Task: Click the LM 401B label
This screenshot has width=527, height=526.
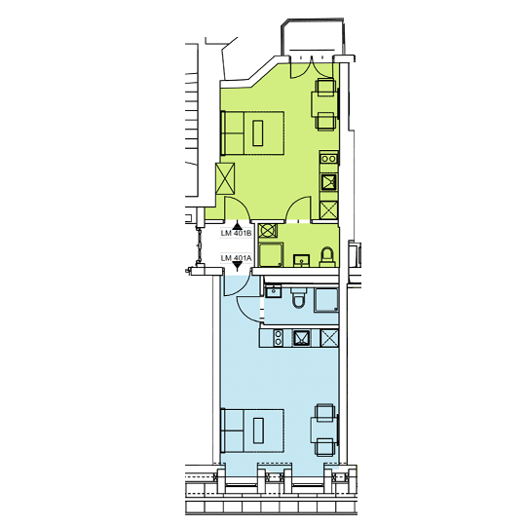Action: tap(236, 233)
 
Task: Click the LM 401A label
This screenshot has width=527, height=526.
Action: tap(236, 258)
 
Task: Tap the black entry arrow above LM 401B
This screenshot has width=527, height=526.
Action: tap(238, 226)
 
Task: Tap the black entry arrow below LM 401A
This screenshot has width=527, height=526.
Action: tap(238, 267)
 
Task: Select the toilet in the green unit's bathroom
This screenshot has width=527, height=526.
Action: tap(327, 257)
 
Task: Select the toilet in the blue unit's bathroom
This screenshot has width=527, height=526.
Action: tap(298, 298)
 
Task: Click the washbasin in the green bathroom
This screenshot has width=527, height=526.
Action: tap(301, 261)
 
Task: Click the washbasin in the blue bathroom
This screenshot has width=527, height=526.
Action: tap(274, 291)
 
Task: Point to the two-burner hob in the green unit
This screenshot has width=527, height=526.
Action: tap(328, 159)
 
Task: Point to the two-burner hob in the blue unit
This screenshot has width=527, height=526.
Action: tap(279, 337)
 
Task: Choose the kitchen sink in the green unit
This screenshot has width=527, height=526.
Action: tap(328, 182)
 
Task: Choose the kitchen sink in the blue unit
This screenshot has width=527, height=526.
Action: tap(301, 338)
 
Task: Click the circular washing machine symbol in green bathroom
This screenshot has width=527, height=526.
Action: tap(268, 231)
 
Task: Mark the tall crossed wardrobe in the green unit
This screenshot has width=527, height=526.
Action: tap(225, 178)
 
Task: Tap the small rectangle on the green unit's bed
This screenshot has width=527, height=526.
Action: tap(258, 133)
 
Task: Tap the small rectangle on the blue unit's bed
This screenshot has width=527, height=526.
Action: tap(258, 431)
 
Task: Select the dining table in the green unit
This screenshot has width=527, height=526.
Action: tap(324, 104)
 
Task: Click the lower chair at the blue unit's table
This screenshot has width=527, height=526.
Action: tap(325, 447)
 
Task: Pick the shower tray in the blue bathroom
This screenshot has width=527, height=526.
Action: tap(326, 300)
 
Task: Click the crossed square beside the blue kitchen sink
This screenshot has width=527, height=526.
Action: tap(329, 338)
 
